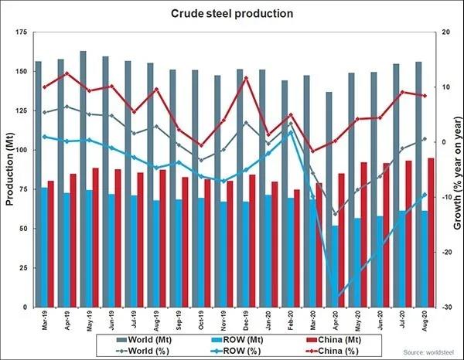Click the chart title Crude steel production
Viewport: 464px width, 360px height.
232,13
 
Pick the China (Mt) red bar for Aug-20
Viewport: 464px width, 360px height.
431,233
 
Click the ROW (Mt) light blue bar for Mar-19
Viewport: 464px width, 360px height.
44,247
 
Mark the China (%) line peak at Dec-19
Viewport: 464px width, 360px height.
246,78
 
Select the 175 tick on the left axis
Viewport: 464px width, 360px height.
20,32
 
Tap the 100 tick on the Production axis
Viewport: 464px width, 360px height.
20,150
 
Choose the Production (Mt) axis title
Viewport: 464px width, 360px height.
10,169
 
